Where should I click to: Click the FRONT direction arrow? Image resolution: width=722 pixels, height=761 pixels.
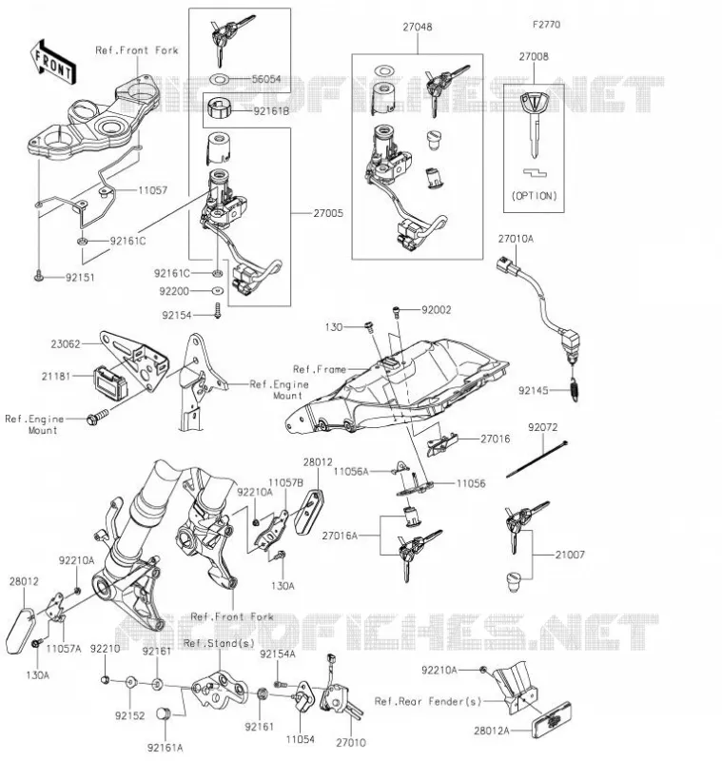pos(52,62)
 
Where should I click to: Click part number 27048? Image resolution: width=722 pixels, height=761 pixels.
pos(418,28)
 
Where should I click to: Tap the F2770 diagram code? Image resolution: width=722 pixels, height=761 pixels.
pos(546,25)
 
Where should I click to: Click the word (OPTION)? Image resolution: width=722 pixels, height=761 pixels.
pos(534,196)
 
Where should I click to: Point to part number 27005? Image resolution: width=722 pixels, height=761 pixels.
pos(328,213)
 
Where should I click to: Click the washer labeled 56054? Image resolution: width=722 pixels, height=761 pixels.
pos(219,79)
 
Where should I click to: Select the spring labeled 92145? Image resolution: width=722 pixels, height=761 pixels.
pos(575,389)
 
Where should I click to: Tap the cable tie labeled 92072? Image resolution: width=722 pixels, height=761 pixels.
pos(537,459)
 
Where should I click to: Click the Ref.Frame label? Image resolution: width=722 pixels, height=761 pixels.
pos(320,369)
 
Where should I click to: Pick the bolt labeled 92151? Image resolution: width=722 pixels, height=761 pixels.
pos(38,277)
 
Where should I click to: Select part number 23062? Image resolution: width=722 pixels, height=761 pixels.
pos(66,344)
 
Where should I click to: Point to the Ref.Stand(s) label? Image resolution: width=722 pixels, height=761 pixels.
pos(220,644)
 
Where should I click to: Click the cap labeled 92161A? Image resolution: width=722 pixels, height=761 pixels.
pos(162,714)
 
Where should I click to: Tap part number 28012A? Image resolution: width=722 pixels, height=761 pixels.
pos(492,731)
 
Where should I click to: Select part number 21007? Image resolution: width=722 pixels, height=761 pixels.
pos(570,555)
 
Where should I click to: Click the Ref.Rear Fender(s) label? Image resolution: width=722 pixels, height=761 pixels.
pos(428,701)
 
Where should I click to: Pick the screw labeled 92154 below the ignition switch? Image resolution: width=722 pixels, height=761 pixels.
pos(218,311)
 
